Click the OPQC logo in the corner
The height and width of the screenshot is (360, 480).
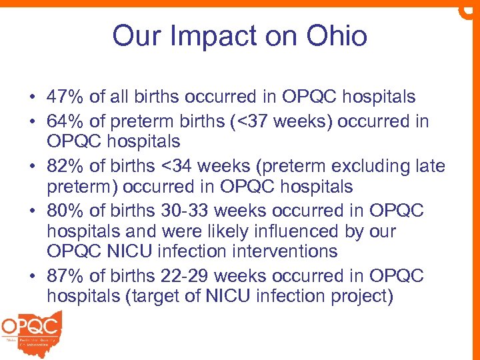(32, 331)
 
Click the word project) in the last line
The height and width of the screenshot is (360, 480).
(358, 295)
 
